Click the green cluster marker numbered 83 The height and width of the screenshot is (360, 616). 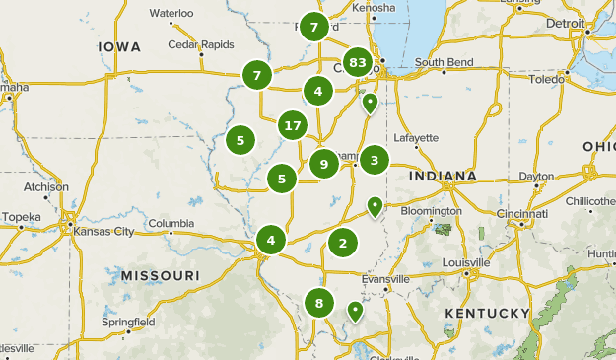tap(358, 63)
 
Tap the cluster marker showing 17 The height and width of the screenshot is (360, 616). tap(292, 125)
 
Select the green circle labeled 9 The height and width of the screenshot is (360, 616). tap(323, 164)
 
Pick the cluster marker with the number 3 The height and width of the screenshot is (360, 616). tap(375, 160)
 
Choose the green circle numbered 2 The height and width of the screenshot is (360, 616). tap(343, 242)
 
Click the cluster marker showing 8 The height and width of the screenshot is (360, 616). tap(318, 303)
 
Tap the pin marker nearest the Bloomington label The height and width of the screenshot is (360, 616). tap(375, 205)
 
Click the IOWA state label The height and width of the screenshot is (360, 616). tap(120, 46)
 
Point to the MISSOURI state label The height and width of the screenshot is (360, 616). tap(160, 275)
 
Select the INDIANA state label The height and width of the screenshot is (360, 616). tap(443, 176)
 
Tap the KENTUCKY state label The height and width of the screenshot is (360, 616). tap(487, 313)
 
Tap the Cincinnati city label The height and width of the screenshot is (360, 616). tap(523, 213)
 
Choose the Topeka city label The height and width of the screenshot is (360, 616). tap(22, 216)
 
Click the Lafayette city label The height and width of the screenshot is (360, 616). tap(416, 137)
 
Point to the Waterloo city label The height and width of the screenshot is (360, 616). tap(171, 13)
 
